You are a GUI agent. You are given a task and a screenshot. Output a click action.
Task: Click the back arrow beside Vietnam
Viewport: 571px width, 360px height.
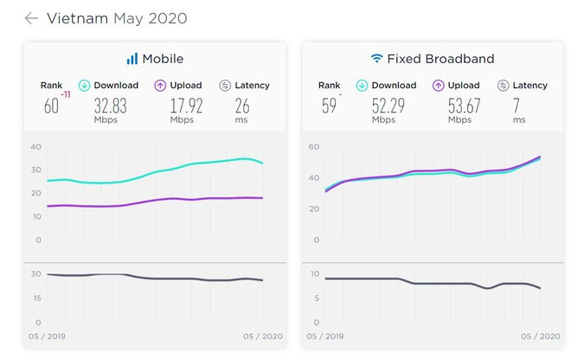tap(31, 18)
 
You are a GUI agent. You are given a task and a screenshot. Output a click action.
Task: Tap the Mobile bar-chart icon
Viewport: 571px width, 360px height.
tap(132, 59)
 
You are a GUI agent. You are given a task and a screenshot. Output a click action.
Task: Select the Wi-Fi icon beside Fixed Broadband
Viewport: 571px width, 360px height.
tap(376, 59)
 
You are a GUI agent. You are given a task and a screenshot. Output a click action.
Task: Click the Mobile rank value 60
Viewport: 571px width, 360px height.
tap(51, 106)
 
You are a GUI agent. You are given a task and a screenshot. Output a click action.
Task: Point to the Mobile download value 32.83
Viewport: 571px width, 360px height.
tap(111, 106)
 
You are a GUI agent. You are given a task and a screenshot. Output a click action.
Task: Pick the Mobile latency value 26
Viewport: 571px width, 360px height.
tap(243, 106)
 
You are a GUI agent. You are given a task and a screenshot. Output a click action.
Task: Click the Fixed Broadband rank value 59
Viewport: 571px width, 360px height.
tap(328, 106)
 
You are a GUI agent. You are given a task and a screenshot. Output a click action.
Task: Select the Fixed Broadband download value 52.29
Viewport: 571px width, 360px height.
tap(388, 106)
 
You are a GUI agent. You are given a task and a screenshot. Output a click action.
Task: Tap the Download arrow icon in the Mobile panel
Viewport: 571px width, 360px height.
tap(84, 86)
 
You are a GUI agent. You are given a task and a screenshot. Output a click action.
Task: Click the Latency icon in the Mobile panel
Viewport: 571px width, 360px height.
tap(225, 86)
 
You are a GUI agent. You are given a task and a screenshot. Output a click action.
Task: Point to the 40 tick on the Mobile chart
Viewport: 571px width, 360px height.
tap(35, 146)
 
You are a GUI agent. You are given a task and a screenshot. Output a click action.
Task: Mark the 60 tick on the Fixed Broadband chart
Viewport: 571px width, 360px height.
tap(314, 146)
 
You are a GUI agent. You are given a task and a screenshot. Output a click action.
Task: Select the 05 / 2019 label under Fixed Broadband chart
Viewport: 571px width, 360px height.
tap(323, 335)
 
